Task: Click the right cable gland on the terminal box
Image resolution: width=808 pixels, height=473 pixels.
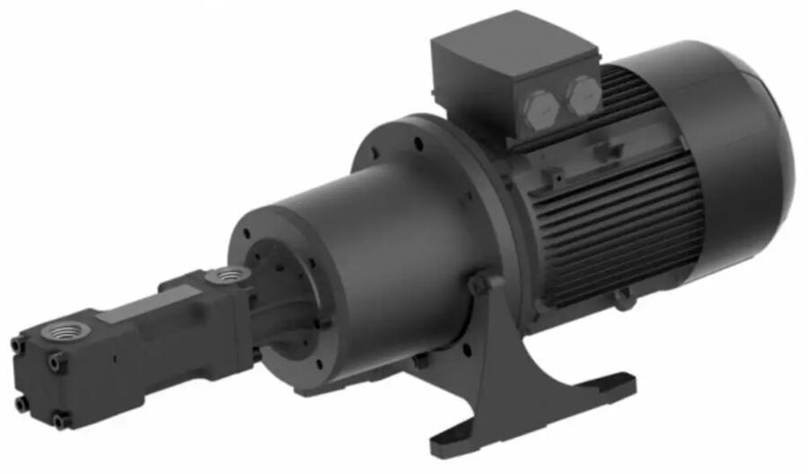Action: (x=580, y=93)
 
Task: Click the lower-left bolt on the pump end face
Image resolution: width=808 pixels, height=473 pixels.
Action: (x=21, y=404)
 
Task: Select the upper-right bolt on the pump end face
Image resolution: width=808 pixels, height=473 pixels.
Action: (x=56, y=360)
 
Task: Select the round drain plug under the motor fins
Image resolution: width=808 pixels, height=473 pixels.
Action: (x=619, y=299)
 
